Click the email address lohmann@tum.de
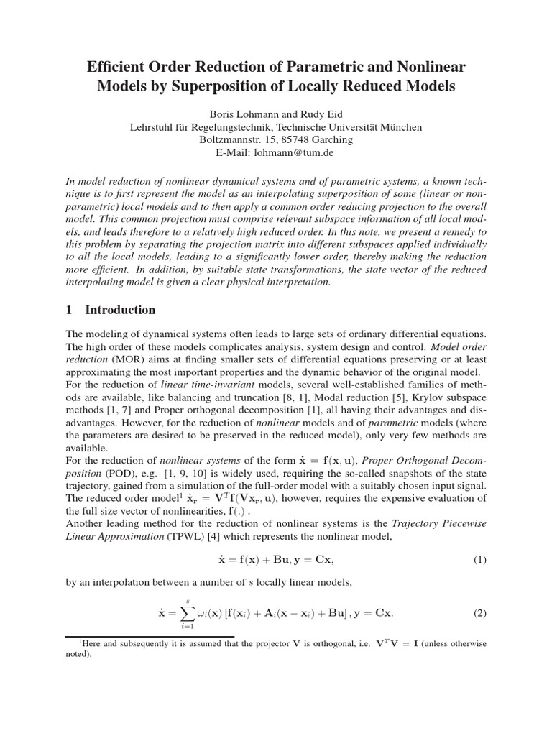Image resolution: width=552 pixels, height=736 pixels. click(x=300, y=152)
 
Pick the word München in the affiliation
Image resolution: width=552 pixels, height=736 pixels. click(x=400, y=126)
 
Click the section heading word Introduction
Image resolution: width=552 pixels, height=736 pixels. click(x=120, y=310)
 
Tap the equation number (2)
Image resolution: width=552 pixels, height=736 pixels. click(x=479, y=614)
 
